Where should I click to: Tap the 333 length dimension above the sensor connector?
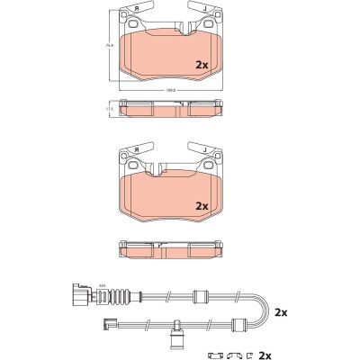click(x=103, y=285)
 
